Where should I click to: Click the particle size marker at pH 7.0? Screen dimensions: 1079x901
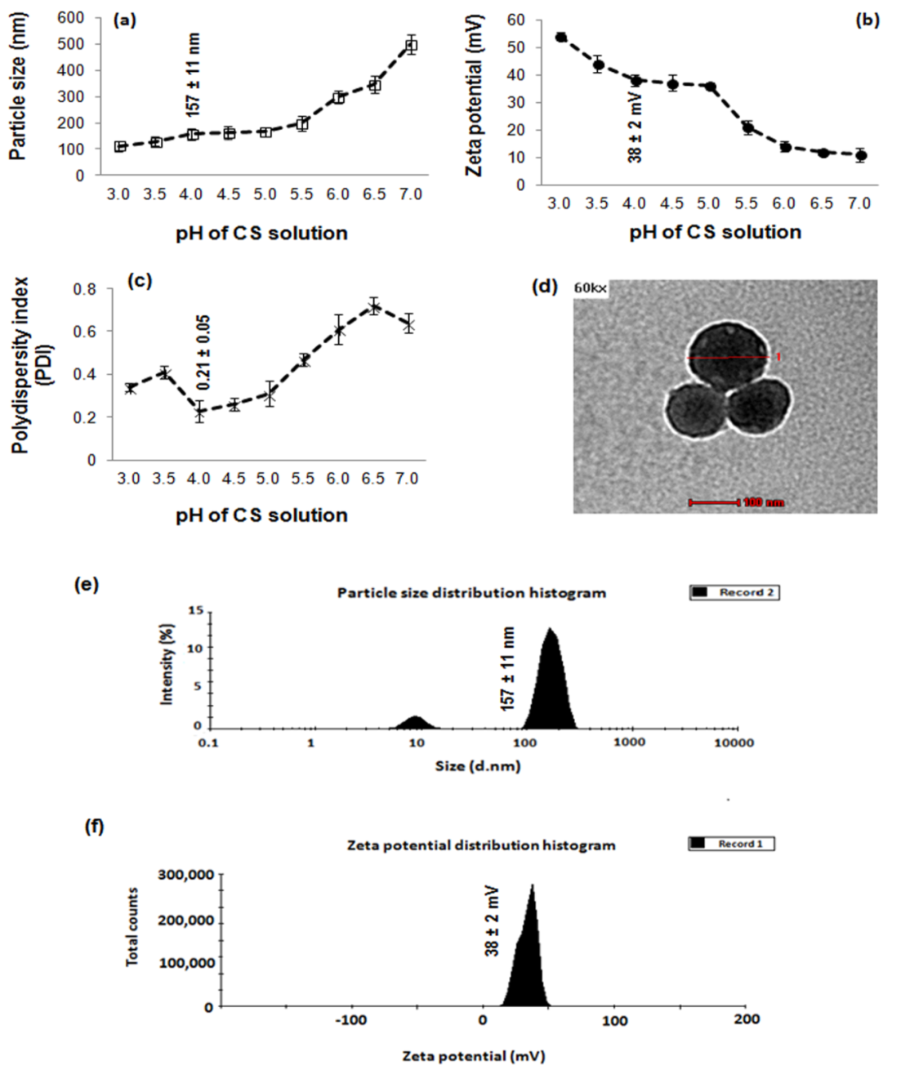tap(411, 46)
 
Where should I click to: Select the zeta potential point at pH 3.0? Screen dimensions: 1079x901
tap(560, 37)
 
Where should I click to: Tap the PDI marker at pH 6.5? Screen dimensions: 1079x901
tap(374, 307)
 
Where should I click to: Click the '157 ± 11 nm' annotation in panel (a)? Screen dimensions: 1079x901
tap(194, 74)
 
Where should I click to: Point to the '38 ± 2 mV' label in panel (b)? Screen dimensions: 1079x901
tap(635, 130)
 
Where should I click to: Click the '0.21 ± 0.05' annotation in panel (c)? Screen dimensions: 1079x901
tap(203, 352)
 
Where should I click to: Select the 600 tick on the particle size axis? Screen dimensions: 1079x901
tap(71, 17)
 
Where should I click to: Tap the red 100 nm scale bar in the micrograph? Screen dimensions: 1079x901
tap(714, 502)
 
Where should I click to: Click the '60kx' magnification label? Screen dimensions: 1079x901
tap(590, 288)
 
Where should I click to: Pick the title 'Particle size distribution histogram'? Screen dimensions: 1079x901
tap(471, 592)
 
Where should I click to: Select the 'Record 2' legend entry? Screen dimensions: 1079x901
tap(735, 592)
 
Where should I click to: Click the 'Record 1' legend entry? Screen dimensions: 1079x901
tap(731, 844)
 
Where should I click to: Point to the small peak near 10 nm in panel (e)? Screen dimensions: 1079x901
tap(416, 722)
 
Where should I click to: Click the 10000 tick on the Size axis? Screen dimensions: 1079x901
tap(734, 742)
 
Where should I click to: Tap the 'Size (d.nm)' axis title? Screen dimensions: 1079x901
tap(478, 765)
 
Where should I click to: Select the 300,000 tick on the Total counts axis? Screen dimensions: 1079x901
tap(186, 875)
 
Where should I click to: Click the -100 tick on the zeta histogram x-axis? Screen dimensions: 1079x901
tap(350, 1019)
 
